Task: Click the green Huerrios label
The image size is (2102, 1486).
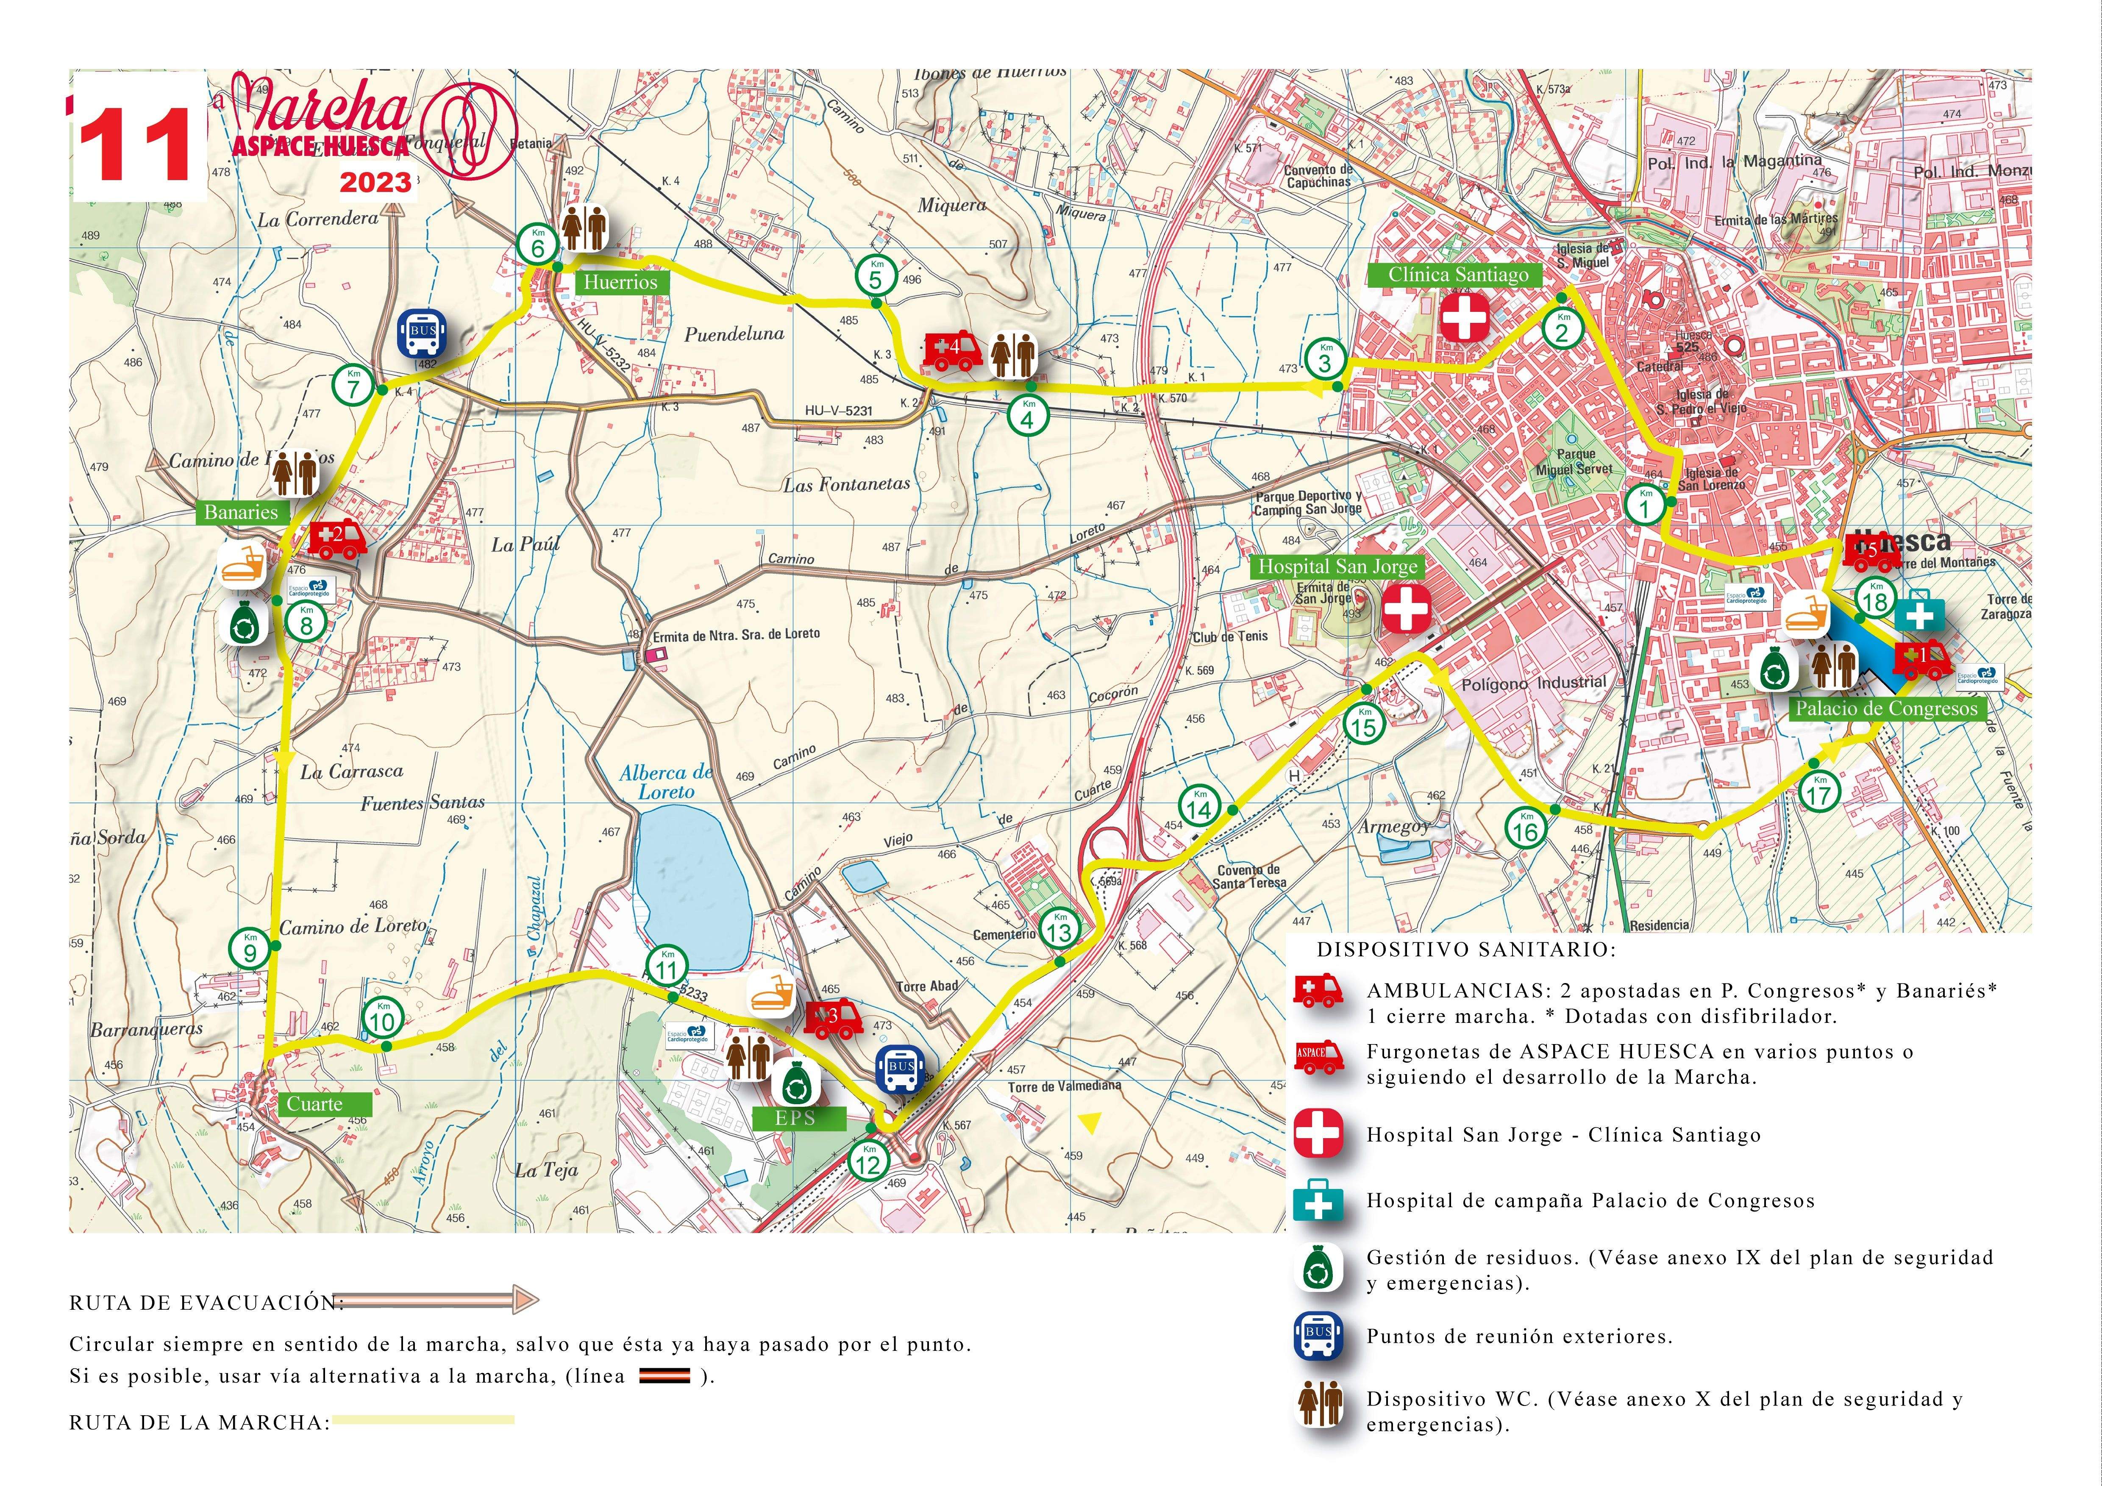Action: point(621,282)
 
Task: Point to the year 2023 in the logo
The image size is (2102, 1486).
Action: point(375,182)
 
